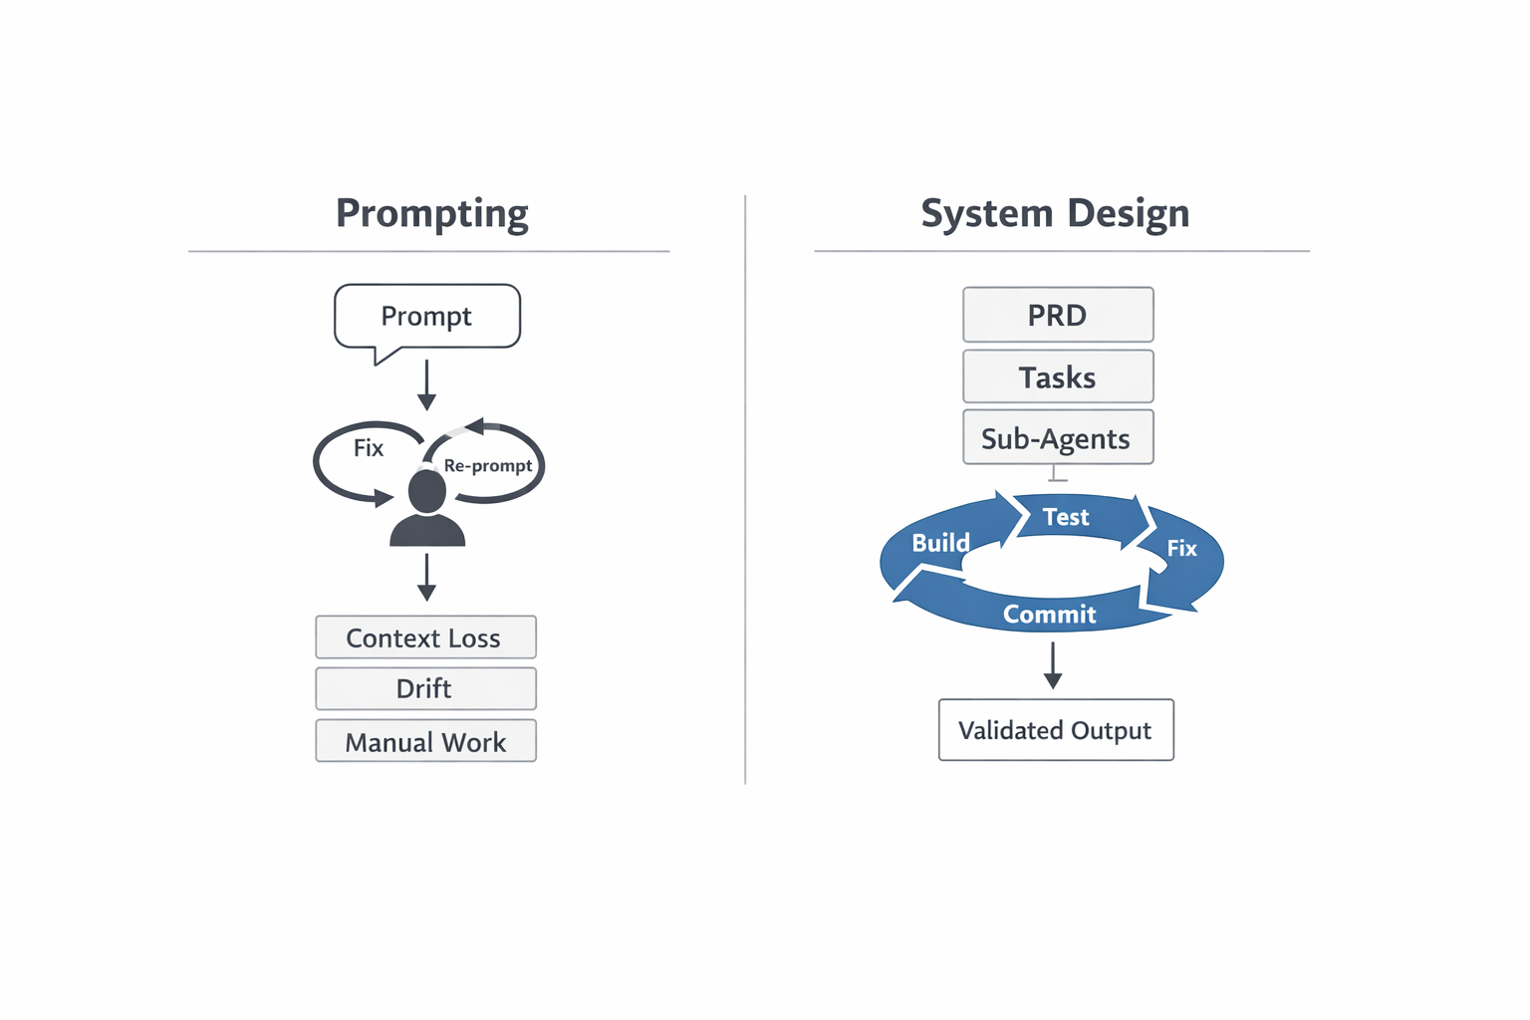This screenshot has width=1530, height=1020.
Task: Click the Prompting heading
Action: [431, 213]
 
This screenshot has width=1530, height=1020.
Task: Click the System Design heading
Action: [1055, 213]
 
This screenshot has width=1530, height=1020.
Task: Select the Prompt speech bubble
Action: [426, 317]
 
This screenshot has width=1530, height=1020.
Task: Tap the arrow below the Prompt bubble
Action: [426, 385]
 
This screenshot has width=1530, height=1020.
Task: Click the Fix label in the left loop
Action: [369, 448]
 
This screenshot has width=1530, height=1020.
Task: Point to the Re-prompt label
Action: [488, 465]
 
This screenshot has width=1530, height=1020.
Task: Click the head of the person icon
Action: [427, 491]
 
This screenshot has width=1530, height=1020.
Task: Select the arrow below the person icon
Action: [426, 578]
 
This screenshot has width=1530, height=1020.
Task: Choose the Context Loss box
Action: [425, 637]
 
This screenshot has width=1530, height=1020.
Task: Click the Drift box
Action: [425, 688]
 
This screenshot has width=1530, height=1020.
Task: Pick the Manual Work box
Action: [425, 741]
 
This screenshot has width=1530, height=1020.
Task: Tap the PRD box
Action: [1058, 315]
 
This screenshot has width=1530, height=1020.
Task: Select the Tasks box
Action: [1058, 377]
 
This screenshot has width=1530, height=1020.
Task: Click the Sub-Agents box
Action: [1058, 437]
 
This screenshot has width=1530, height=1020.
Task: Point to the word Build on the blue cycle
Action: [940, 543]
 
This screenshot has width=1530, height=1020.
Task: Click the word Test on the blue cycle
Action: [1066, 517]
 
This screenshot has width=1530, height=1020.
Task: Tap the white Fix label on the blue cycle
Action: [1181, 548]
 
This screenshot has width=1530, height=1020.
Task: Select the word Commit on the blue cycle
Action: [1050, 615]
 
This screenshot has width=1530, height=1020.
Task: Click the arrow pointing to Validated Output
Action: [1053, 665]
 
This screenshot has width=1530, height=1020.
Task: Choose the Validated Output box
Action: [1056, 730]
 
